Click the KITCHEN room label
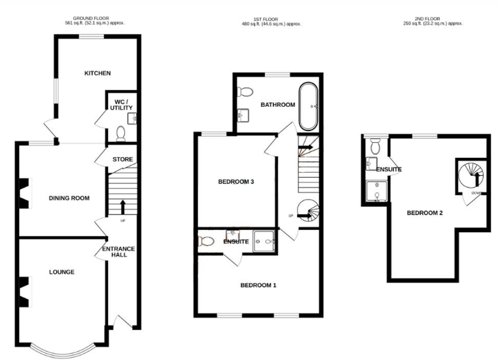click(98, 73)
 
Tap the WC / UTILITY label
click(121, 104)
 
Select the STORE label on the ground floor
click(123, 159)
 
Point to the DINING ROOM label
click(69, 198)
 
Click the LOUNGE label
click(62, 272)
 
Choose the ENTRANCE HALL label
click(119, 252)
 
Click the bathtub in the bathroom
click(309, 106)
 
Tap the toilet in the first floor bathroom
click(245, 92)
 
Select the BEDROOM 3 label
click(236, 182)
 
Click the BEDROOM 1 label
click(258, 285)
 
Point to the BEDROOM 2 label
click(425, 213)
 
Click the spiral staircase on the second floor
click(470, 175)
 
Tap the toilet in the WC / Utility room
click(121, 134)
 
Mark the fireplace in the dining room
click(25, 193)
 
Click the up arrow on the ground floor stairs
click(123, 206)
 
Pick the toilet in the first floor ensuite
click(206, 241)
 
